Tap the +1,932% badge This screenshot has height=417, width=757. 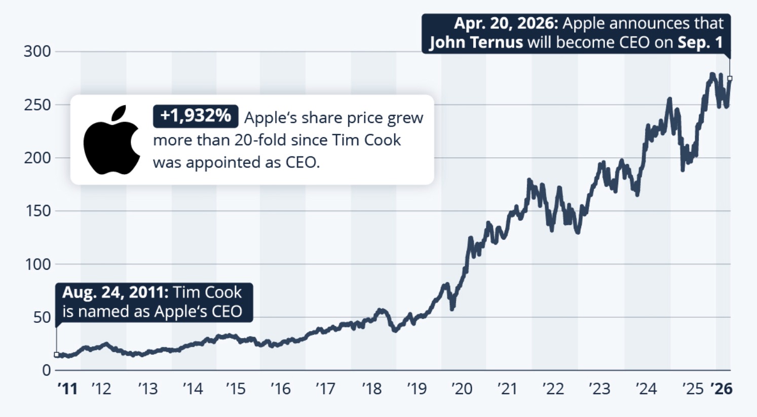195,116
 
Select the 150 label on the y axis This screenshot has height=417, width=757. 38,211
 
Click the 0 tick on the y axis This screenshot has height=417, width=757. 46,370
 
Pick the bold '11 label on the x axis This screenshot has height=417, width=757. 67,389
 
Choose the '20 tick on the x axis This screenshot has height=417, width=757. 461,389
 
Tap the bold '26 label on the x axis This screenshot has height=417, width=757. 721,389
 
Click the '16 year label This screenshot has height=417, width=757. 280,389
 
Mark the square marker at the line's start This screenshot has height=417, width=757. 56,355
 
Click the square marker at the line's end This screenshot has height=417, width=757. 730,78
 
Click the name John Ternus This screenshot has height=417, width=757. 476,42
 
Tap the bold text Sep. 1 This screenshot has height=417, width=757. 700,42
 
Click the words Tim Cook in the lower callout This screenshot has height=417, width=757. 208,293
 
